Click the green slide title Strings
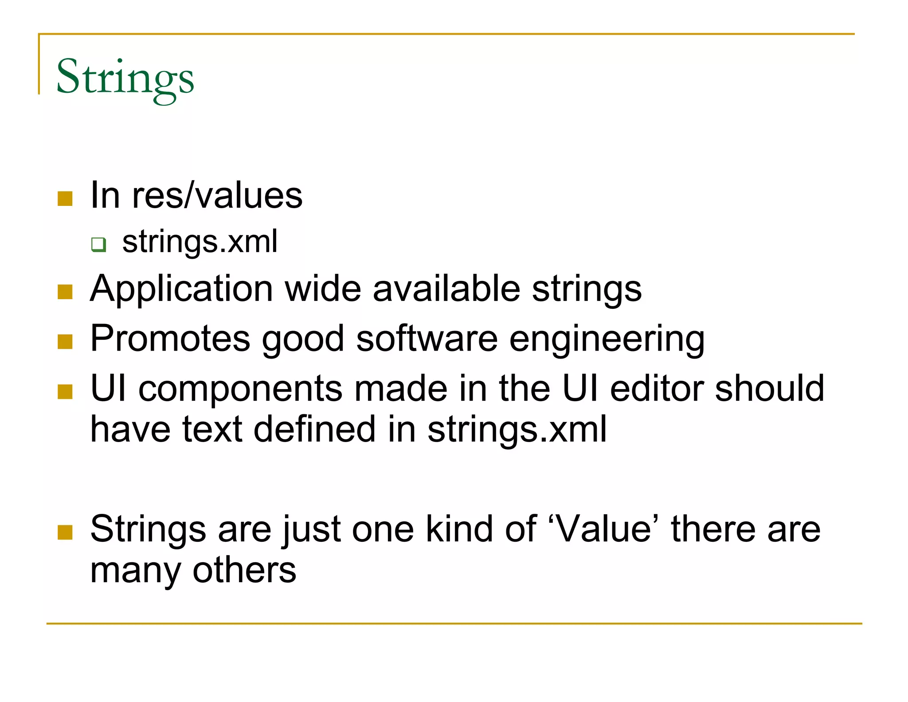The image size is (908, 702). coord(125,78)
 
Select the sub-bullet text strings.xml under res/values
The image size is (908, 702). coord(200,242)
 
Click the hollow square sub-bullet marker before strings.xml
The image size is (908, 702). coord(98,244)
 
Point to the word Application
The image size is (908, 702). coord(181,289)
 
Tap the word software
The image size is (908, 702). coord(427,339)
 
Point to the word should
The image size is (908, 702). coord(769,389)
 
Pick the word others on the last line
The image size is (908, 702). coord(244,570)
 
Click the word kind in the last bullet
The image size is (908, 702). coord(459,529)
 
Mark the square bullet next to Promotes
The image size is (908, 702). coord(65,342)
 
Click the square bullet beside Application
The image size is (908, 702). coord(65,292)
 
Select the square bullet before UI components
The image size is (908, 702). coord(65,391)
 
